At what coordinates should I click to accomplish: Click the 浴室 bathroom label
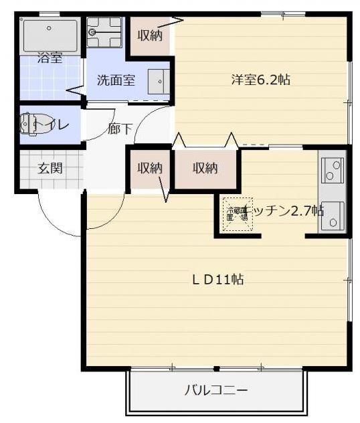pos(50,58)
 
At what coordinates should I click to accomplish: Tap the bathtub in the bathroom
pos(50,35)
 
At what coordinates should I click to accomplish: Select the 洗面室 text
pos(116,80)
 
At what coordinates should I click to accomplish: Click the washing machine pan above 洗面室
pos(104,31)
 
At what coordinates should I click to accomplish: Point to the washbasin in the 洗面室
pos(159,80)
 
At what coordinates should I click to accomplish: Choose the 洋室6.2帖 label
pos(260,80)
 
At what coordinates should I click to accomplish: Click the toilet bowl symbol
pos(30,124)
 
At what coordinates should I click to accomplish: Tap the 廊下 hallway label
pos(120,129)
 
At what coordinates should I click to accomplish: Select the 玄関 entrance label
pos(50,168)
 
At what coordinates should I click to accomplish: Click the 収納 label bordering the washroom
pos(151,35)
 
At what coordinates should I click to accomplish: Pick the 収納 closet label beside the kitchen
pos(205,168)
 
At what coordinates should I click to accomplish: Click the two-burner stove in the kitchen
pos(332,171)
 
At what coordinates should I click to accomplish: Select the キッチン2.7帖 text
pos(284,211)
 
